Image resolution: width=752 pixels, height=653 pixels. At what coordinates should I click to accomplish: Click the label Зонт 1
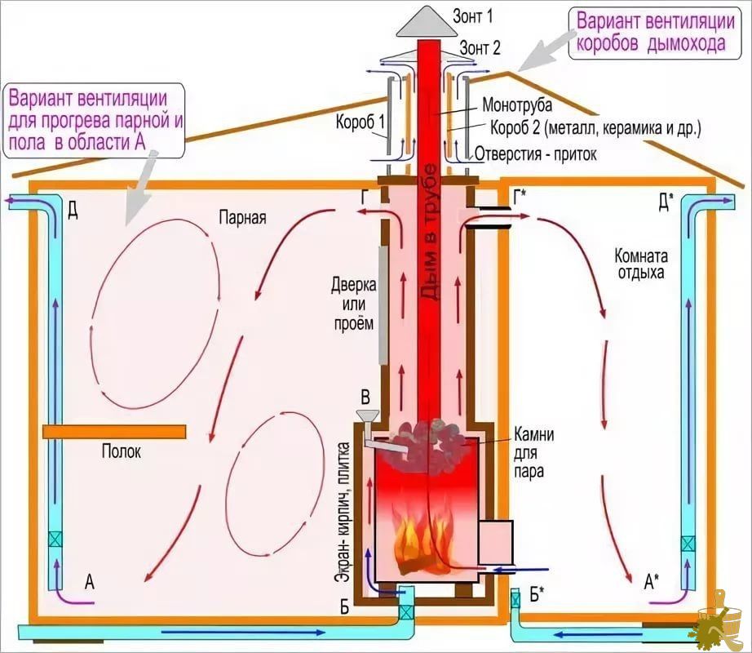[472, 16]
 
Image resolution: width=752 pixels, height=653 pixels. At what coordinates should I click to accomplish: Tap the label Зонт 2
[480, 47]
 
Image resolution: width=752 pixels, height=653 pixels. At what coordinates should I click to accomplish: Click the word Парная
[242, 217]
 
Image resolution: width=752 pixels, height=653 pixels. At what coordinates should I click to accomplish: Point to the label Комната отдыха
[641, 264]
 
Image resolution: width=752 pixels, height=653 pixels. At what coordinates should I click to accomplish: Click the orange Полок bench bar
[114, 432]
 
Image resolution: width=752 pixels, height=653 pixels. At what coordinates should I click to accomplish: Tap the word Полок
[122, 451]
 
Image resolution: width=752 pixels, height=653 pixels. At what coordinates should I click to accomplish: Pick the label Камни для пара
[533, 453]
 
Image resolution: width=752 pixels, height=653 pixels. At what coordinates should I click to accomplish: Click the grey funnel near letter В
[368, 415]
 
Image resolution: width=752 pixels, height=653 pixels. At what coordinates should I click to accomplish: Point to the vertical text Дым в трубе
[429, 232]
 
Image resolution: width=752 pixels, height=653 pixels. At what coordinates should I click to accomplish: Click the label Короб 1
[361, 122]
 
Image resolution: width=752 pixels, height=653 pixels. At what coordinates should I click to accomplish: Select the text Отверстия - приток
[536, 154]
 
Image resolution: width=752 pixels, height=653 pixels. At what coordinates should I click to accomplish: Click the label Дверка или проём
[353, 304]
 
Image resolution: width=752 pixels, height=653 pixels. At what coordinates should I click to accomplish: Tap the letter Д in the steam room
[73, 210]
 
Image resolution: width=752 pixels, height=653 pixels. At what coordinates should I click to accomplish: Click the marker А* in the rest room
[651, 582]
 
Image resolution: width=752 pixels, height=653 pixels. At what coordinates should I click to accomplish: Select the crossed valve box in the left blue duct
[55, 540]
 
